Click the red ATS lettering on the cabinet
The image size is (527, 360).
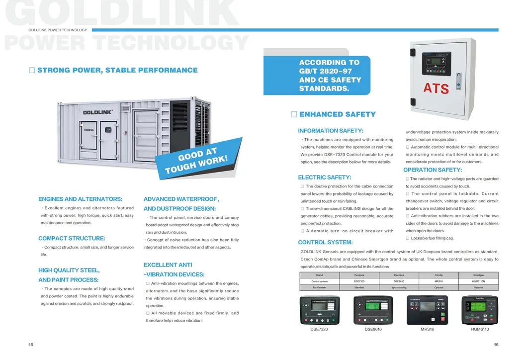click(x=436, y=88)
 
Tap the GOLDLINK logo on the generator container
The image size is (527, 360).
click(x=97, y=112)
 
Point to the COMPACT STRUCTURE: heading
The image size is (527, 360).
click(x=72, y=239)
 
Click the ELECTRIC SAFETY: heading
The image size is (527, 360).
click(x=325, y=178)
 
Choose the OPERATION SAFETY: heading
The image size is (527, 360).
click(x=433, y=170)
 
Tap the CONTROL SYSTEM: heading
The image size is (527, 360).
click(x=325, y=243)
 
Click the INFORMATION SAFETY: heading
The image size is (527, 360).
click(x=331, y=131)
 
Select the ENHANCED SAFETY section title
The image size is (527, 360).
click(x=338, y=114)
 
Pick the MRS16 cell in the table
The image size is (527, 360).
click(x=439, y=281)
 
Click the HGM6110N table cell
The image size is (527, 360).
click(x=478, y=281)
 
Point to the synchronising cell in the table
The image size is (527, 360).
click(x=399, y=287)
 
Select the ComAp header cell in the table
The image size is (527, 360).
click(x=439, y=275)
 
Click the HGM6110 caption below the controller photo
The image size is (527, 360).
click(x=480, y=329)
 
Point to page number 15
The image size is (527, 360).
click(x=31, y=345)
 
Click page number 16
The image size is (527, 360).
click(x=496, y=345)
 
